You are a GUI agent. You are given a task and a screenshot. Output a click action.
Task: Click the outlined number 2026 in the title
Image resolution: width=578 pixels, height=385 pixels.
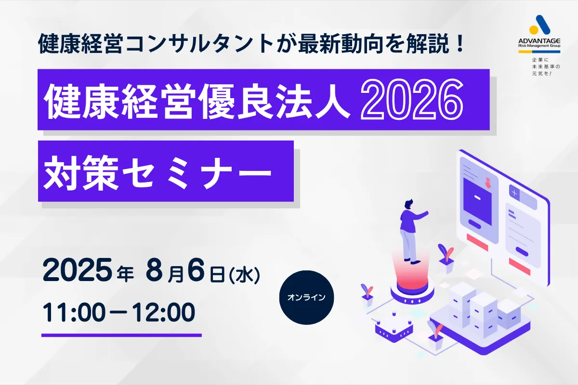(x=412, y=100)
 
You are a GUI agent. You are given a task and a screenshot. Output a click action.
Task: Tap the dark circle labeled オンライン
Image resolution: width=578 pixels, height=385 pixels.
(x=306, y=297)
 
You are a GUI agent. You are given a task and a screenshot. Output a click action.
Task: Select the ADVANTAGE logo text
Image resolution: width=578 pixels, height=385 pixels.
(x=539, y=41)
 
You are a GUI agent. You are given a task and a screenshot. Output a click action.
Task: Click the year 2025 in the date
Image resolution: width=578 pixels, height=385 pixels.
(x=78, y=270)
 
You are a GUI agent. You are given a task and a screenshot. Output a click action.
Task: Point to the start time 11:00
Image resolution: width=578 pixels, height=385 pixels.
(x=74, y=312)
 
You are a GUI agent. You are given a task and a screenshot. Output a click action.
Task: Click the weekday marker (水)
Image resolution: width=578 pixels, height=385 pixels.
(x=244, y=275)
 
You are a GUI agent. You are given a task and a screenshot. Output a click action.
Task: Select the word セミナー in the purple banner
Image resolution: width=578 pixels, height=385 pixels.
(x=197, y=173)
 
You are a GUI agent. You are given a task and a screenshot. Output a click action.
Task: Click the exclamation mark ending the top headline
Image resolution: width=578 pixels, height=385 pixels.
(x=460, y=43)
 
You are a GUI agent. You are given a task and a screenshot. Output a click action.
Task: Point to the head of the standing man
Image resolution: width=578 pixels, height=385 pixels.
(x=409, y=204)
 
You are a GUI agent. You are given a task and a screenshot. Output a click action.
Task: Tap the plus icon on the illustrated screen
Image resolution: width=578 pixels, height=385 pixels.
(x=514, y=192)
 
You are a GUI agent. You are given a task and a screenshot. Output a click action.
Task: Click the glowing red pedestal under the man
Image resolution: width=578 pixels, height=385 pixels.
(x=412, y=281)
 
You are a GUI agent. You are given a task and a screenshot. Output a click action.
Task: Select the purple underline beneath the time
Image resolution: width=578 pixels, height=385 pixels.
(x=121, y=335)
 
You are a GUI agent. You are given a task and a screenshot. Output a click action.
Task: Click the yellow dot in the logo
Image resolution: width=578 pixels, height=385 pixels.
(x=534, y=29)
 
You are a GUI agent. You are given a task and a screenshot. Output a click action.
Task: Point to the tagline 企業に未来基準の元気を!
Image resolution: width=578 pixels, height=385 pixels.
(x=546, y=67)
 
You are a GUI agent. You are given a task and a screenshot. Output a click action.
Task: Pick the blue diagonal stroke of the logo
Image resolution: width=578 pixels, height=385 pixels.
(x=543, y=25)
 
